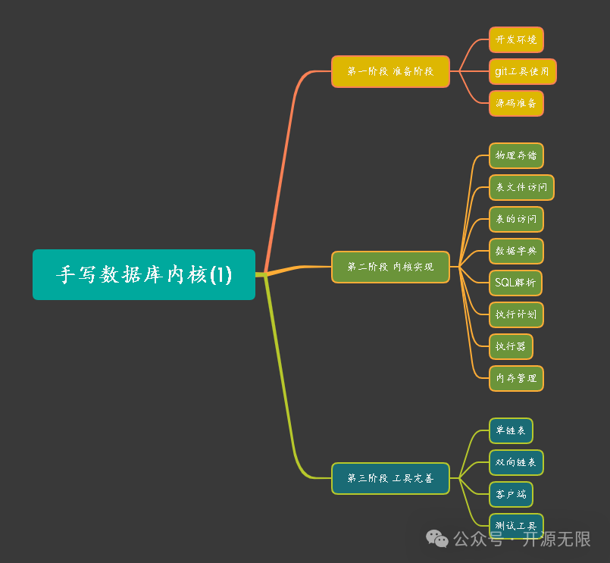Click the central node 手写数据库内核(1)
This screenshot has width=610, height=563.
(144, 274)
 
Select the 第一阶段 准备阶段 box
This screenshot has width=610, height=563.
(390, 71)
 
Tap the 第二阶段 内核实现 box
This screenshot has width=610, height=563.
(390, 267)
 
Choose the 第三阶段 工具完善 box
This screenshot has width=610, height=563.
(390, 478)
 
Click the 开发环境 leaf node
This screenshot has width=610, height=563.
(516, 39)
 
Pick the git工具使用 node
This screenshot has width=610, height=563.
(522, 71)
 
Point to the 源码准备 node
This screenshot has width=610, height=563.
(516, 103)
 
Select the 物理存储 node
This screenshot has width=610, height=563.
(516, 155)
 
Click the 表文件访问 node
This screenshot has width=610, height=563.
(521, 187)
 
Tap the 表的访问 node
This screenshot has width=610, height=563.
(516, 219)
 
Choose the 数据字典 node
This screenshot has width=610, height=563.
(516, 251)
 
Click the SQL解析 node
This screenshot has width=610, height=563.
(515, 283)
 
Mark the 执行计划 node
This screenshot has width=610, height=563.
(516, 314)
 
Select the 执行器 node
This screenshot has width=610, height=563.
(511, 346)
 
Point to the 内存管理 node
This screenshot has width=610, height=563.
(516, 378)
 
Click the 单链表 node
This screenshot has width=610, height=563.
(511, 430)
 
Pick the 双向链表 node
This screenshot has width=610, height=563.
(516, 462)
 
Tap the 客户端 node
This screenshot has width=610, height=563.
(511, 494)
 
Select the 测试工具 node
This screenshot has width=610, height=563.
(516, 524)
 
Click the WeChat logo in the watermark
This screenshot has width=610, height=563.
(437, 539)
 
